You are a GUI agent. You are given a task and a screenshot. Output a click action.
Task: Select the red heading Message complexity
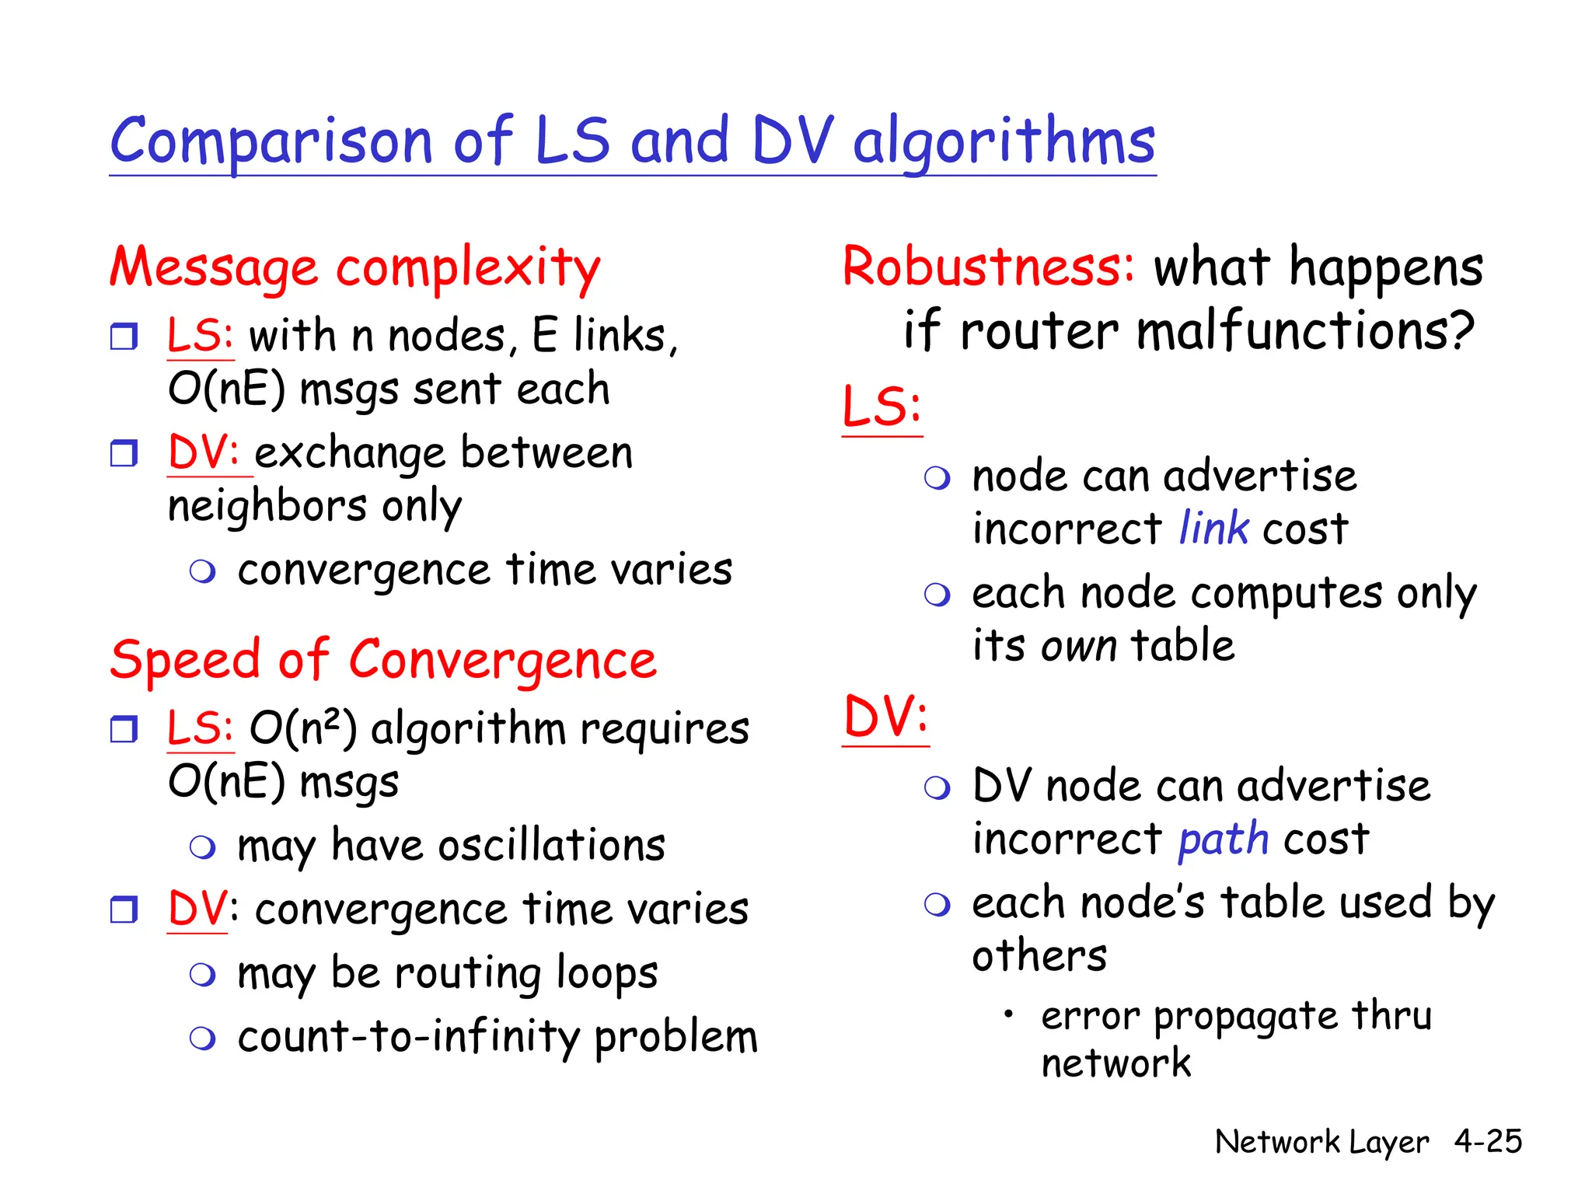pos(354,267)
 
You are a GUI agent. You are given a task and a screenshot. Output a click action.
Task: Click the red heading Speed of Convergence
pos(383,660)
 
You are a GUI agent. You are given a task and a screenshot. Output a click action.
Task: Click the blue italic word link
pos(1213,529)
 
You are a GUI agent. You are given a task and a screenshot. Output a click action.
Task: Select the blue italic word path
pos(1223,840)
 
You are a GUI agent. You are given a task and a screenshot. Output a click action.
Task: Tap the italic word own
pos(1079,646)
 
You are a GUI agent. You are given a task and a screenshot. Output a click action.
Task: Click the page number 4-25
pos(1488,1141)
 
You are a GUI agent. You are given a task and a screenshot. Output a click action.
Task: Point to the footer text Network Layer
pos(1321,1142)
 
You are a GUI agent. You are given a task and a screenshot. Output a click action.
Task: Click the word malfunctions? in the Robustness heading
pos(1305,331)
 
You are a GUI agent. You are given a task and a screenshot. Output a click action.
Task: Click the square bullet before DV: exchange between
pos(124,453)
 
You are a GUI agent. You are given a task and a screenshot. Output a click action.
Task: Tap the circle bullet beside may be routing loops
pos(203,975)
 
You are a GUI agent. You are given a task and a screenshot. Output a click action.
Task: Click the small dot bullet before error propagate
pos(1008,1014)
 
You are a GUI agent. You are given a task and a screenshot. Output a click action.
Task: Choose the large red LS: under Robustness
pos(882,407)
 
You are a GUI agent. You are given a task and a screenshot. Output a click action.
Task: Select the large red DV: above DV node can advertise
pos(885,717)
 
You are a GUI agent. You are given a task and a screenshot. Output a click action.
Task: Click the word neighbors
pos(267,506)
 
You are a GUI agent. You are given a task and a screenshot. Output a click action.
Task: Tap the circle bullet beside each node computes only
pos(937,595)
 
